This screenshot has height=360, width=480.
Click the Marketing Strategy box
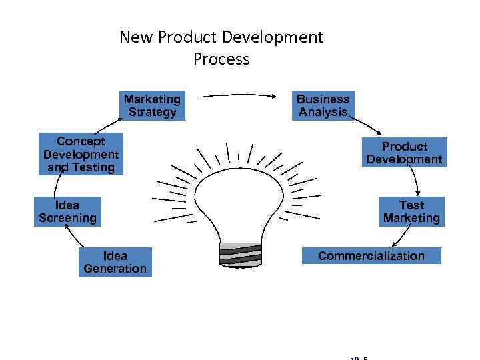pos(152,105)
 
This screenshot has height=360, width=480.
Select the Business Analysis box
pos(323,105)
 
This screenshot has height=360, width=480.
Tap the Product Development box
pos(404,153)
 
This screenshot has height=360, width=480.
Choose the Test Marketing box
pos(411,211)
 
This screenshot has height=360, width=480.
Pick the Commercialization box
pos(371,256)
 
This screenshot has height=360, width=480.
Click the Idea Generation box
pos(115,262)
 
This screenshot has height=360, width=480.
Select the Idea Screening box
pos(67,211)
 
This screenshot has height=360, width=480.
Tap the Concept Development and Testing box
pos(81,154)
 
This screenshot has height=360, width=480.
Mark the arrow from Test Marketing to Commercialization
pos(401,237)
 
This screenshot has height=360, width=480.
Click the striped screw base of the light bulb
pos(240,254)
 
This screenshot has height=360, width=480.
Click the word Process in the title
pos(221,59)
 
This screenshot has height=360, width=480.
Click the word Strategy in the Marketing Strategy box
pos(152,112)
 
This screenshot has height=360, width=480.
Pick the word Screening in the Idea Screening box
pos(67,218)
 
